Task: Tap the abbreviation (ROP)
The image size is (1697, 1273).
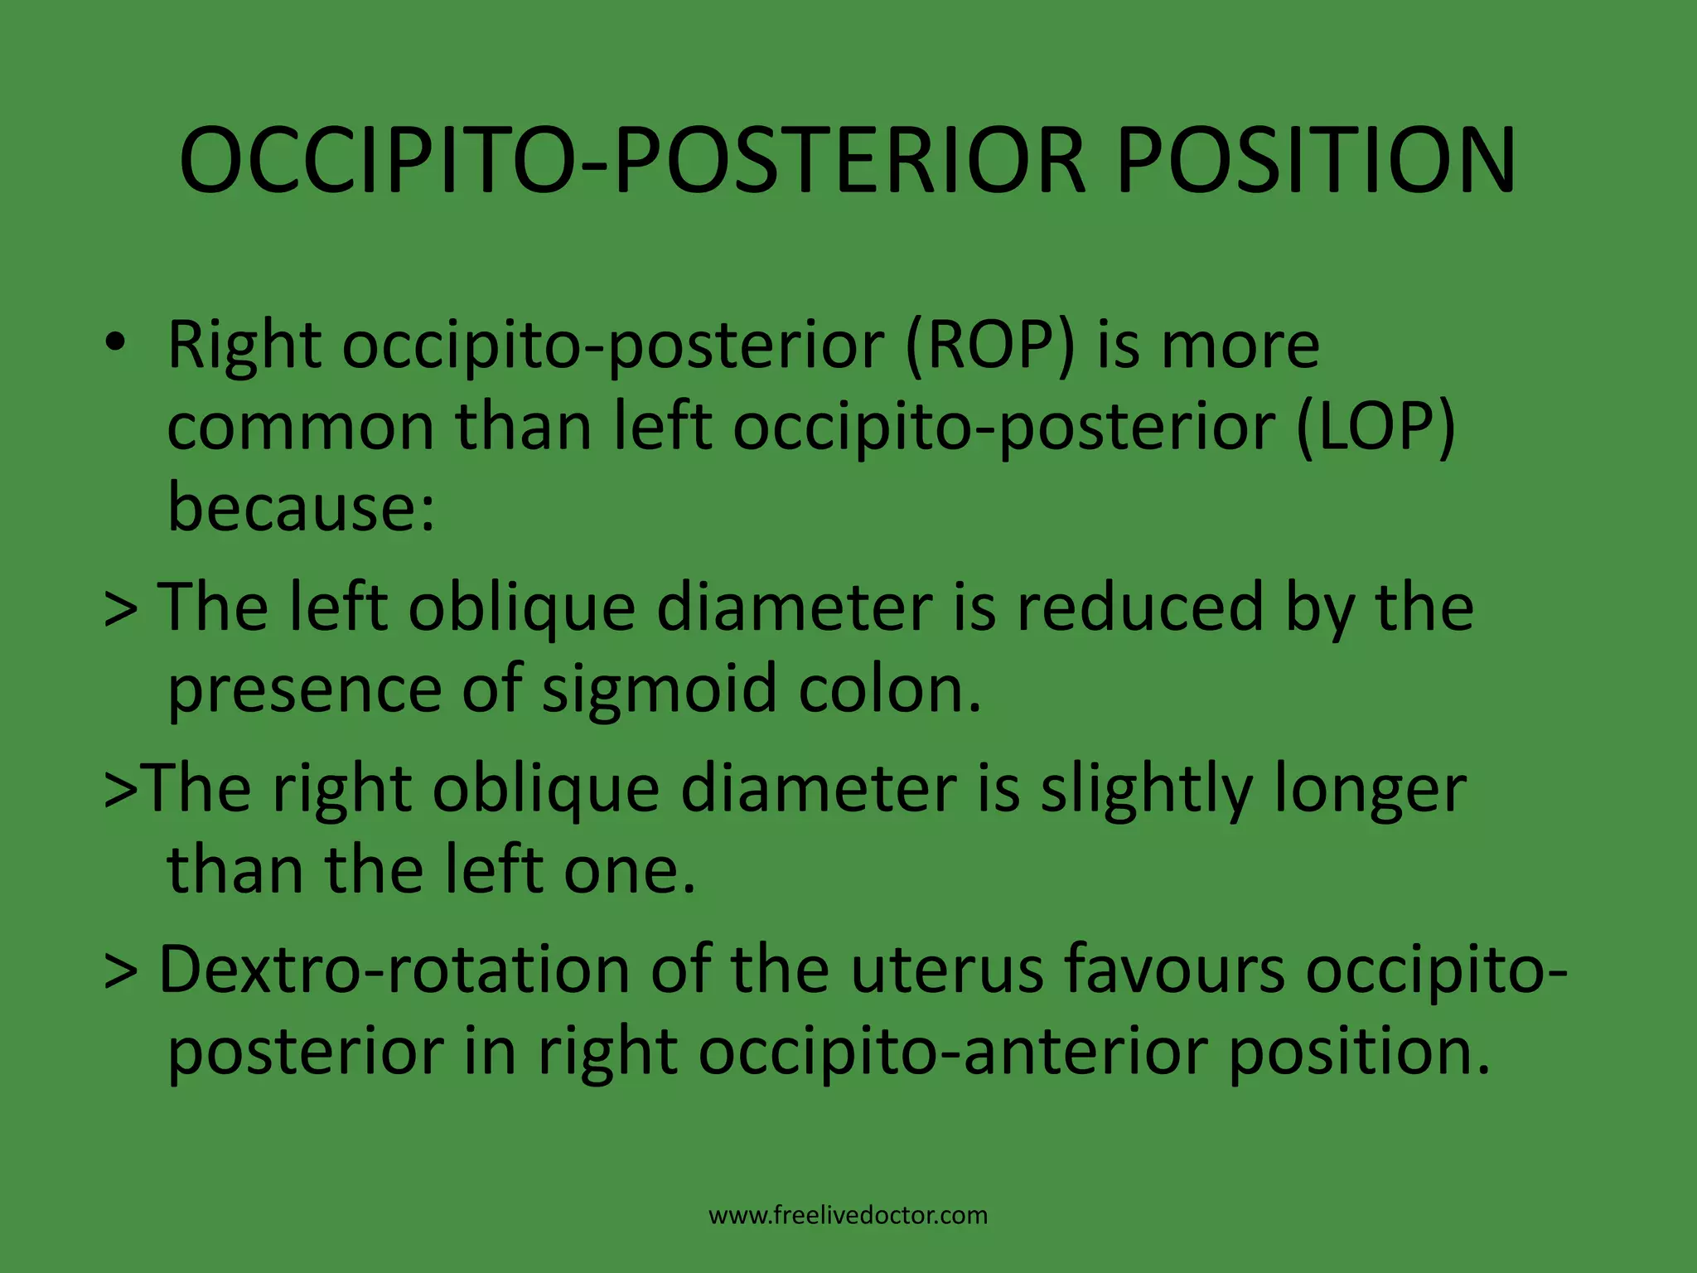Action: [x=989, y=346]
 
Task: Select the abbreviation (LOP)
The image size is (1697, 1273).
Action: [x=1375, y=428]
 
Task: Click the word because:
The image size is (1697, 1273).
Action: [x=301, y=507]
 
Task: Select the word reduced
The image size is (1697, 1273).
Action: [x=1140, y=608]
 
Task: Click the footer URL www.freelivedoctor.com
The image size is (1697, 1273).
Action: [x=848, y=1216]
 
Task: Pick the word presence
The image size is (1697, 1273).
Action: [x=305, y=690]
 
